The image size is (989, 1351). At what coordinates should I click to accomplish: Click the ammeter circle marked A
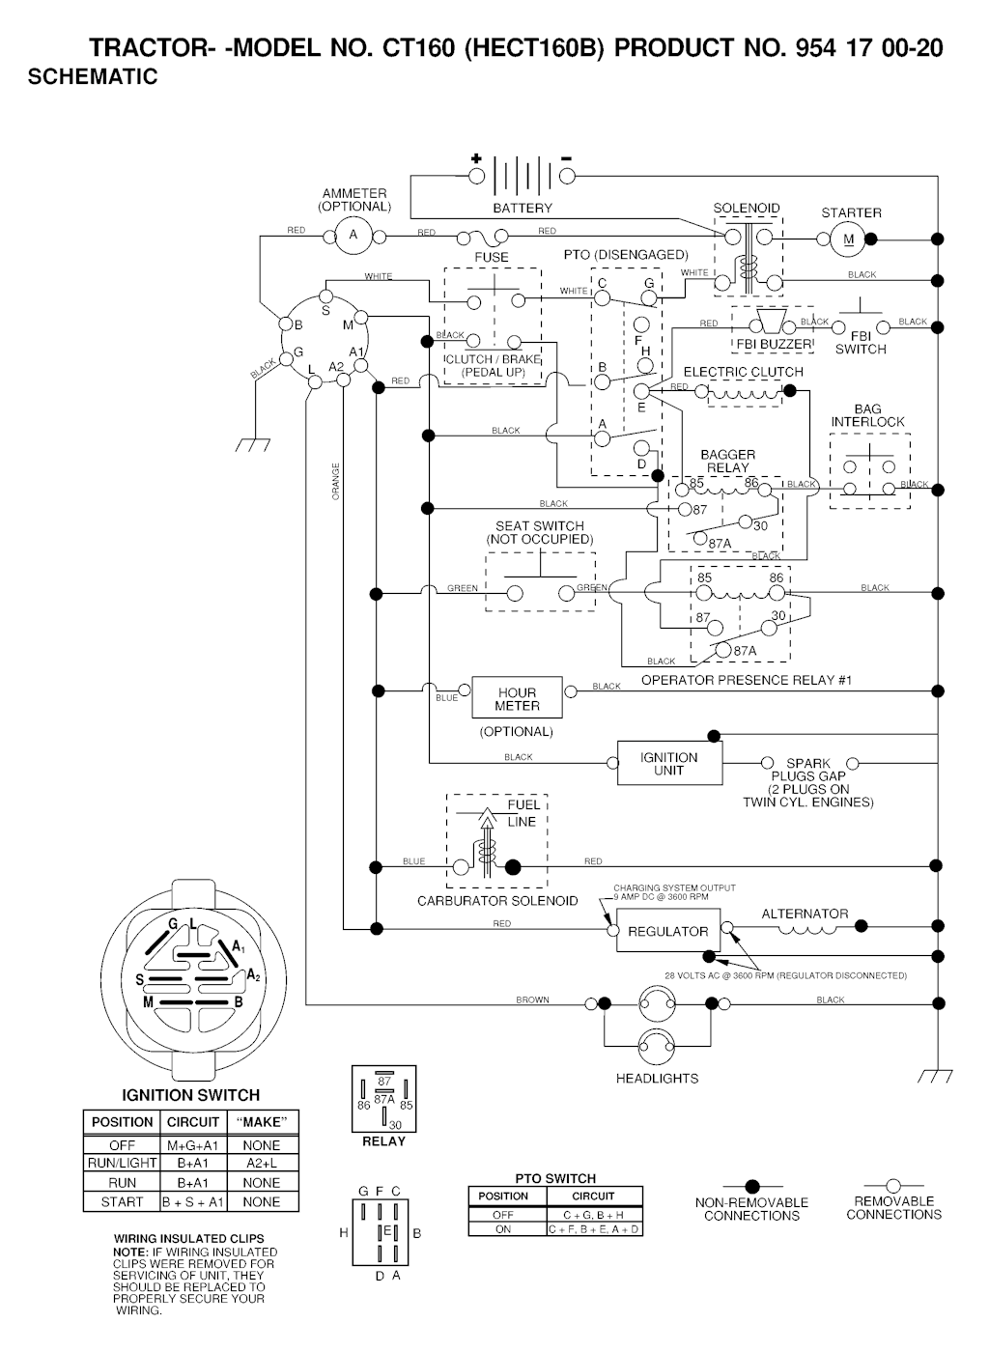(x=353, y=235)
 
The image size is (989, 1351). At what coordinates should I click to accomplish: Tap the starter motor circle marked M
(x=850, y=239)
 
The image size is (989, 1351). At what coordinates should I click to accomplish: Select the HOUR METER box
(x=517, y=697)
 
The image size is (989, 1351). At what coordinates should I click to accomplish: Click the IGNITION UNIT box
(x=668, y=763)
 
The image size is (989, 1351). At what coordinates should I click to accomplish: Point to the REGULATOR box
(x=667, y=931)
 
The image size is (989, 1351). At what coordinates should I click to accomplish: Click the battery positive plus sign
(x=475, y=158)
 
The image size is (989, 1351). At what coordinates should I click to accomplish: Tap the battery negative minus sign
(x=566, y=157)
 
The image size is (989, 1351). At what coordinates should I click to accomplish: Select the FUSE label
(x=491, y=258)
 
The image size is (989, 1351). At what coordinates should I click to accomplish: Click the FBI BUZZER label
(x=774, y=345)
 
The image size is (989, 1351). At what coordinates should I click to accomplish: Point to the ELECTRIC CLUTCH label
(x=743, y=372)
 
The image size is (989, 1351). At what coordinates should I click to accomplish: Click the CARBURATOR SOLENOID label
(x=497, y=901)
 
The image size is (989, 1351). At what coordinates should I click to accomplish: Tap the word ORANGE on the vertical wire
(x=336, y=482)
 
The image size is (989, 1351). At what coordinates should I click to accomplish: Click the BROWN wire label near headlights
(x=532, y=999)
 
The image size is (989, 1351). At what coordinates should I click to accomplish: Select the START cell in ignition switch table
(x=122, y=1202)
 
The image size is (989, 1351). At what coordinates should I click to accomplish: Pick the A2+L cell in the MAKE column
(x=261, y=1164)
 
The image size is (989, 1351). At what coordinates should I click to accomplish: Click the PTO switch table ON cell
(x=503, y=1229)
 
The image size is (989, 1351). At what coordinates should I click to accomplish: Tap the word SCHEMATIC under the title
(x=93, y=77)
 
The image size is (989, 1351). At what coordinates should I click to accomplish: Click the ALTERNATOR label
(x=805, y=914)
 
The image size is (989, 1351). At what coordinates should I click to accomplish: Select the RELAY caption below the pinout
(x=383, y=1141)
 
